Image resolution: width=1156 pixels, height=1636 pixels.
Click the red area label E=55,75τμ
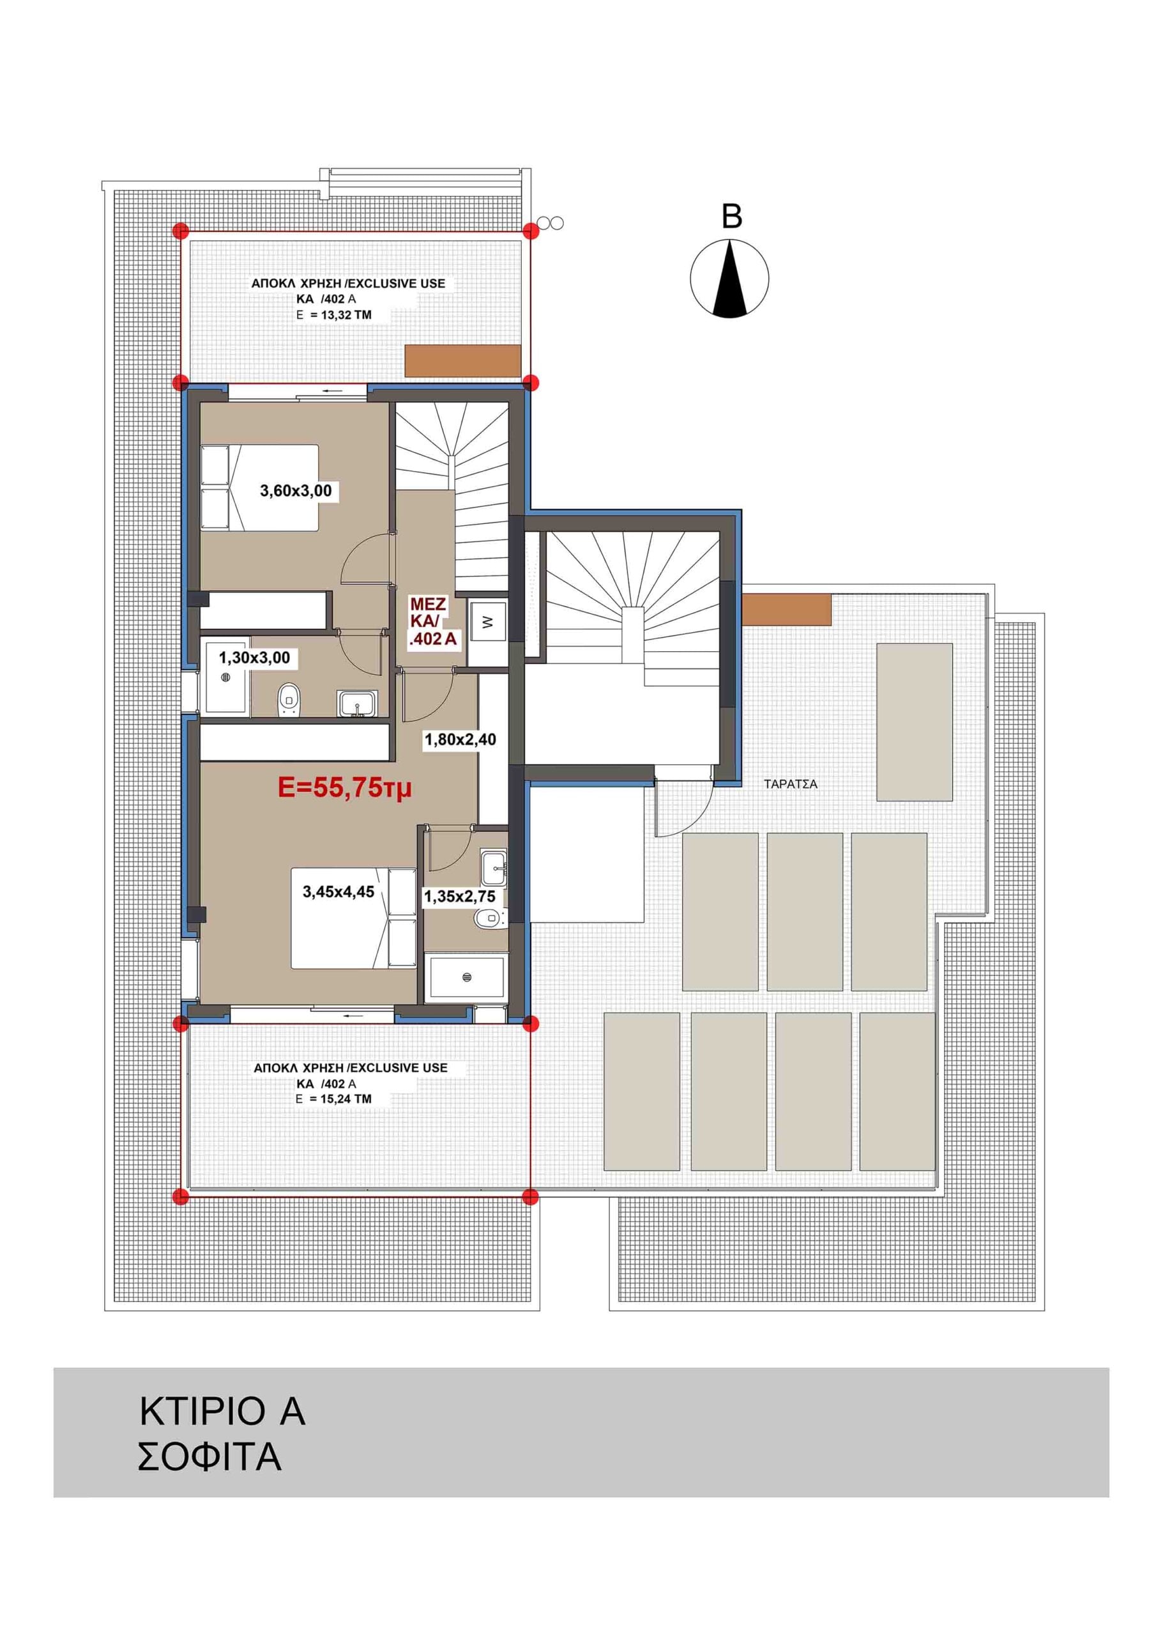tap(345, 788)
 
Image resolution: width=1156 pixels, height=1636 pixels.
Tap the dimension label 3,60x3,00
tap(296, 491)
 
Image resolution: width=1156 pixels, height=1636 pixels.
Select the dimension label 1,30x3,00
tap(254, 658)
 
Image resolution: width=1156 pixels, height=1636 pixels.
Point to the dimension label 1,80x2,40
tap(460, 739)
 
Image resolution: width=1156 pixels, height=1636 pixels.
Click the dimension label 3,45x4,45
tap(338, 892)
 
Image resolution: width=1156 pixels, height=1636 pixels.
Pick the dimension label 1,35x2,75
tap(459, 897)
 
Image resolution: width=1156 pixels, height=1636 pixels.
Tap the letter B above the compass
tap(731, 217)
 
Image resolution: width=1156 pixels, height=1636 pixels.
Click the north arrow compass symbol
tap(729, 279)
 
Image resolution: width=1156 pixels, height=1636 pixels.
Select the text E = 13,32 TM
tap(334, 315)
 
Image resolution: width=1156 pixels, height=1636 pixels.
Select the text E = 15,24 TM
tap(334, 1099)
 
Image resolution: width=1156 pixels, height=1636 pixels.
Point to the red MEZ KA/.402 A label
tap(432, 622)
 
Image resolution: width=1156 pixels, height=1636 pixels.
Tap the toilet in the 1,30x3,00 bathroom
tap(289, 699)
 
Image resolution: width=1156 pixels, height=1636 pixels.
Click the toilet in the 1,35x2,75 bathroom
tap(487, 919)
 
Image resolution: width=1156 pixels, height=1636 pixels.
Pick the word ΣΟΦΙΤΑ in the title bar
tap(209, 1457)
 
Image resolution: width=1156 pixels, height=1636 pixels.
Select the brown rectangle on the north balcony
tap(463, 361)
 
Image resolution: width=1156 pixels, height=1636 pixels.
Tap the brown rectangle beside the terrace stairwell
tap(787, 610)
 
